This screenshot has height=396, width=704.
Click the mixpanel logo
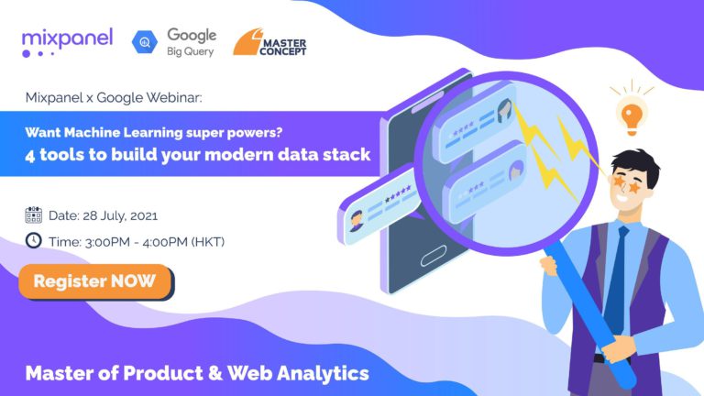coord(67,43)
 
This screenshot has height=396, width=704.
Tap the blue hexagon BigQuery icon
coord(145,42)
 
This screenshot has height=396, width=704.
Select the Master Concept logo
coord(269,42)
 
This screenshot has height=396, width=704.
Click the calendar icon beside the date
coord(34,215)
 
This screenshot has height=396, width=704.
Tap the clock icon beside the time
coord(34,241)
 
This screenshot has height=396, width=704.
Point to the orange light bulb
coord(632,116)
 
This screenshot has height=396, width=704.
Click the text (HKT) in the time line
coord(208,242)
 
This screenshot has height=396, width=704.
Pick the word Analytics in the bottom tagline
coord(323,374)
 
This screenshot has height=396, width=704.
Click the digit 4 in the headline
coord(29,155)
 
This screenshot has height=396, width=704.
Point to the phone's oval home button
coord(434,256)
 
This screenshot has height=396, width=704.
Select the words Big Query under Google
coord(191,51)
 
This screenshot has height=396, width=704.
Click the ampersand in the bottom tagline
coord(215,374)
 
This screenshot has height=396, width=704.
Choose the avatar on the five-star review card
coord(357,220)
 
